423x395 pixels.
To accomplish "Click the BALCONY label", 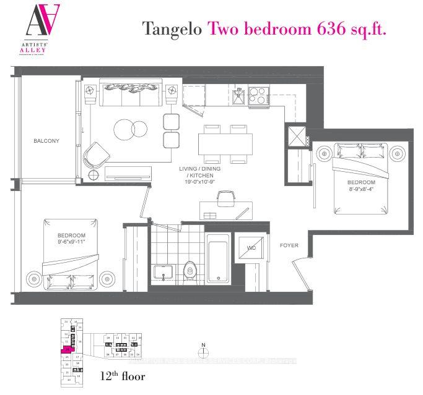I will tap(46, 141).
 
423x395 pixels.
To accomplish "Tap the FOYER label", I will tap(289, 245).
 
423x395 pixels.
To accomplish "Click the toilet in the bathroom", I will tap(191, 270).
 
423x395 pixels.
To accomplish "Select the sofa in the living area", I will tap(131, 95).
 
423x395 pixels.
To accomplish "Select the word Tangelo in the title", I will tap(172, 28).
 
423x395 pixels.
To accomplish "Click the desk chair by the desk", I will tap(226, 198).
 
